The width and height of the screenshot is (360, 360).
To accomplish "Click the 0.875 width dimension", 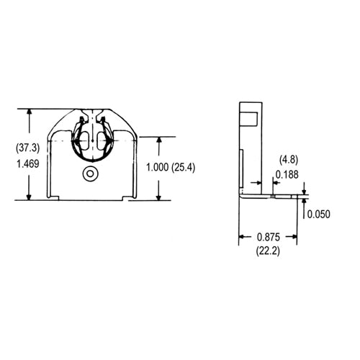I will [269, 237].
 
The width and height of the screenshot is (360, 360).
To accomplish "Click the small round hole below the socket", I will [90, 174].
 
